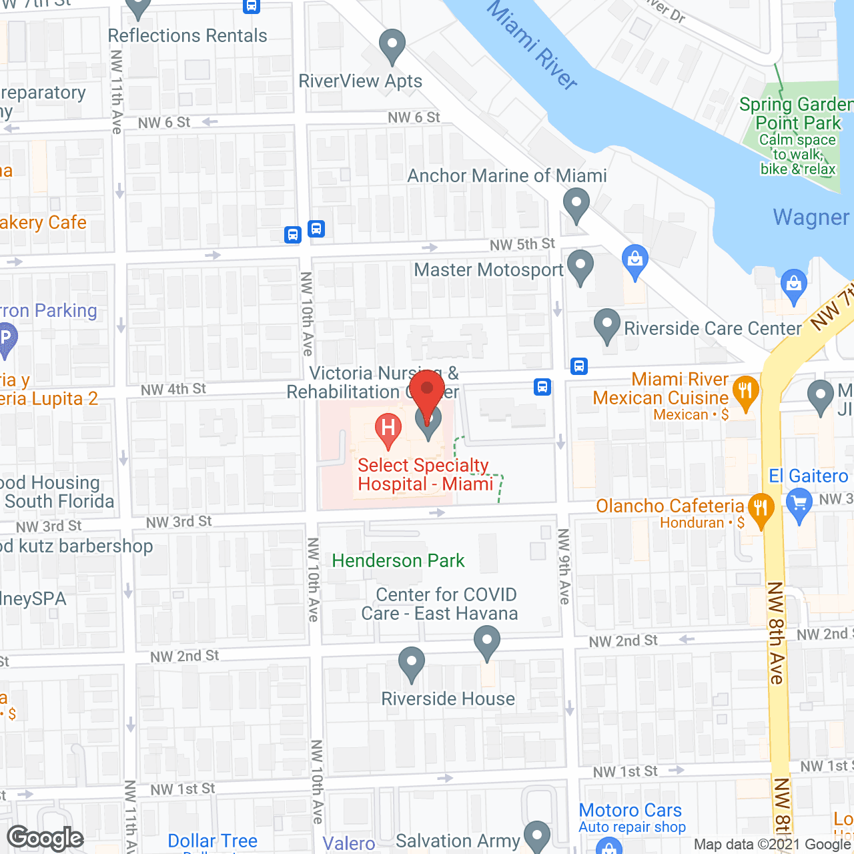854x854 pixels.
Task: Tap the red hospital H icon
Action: click(x=388, y=429)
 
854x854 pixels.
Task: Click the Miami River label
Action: click(x=532, y=45)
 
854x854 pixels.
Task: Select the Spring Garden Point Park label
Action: click(x=795, y=114)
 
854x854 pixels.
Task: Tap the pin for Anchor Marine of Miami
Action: click(x=576, y=204)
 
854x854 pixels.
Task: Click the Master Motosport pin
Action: click(x=580, y=266)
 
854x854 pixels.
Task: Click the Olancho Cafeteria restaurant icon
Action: click(x=761, y=508)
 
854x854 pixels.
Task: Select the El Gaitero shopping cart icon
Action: click(x=799, y=504)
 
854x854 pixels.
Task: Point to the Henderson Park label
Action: click(x=398, y=560)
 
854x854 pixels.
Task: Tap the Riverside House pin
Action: click(x=412, y=663)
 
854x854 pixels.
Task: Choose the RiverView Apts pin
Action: click(x=392, y=46)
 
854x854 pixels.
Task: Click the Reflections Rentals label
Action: click(x=187, y=36)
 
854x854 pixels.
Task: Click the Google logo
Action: click(x=45, y=838)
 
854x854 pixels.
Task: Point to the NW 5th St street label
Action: click(x=522, y=245)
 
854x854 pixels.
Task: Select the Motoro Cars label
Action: click(x=630, y=810)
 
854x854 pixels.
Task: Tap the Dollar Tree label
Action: click(x=212, y=841)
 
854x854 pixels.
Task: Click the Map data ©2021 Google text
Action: click(x=772, y=845)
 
